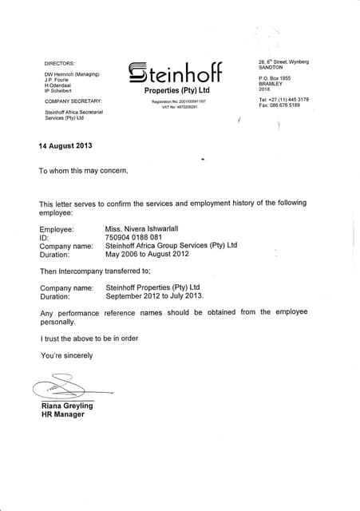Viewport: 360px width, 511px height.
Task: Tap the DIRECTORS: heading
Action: click(59, 63)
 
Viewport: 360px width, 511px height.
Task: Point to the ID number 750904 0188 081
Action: click(133, 237)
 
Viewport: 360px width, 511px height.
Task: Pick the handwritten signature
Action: click(64, 389)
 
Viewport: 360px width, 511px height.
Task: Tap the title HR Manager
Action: click(62, 414)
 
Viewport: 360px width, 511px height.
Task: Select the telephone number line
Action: click(283, 100)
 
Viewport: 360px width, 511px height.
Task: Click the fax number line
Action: click(279, 105)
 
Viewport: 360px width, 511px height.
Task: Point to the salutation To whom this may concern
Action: click(83, 171)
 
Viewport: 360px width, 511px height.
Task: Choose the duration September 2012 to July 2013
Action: click(155, 295)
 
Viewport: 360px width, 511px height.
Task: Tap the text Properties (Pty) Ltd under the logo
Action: click(176, 92)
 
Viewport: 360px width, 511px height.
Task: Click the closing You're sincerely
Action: click(66, 355)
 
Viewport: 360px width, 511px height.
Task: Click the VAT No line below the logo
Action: click(176, 107)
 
